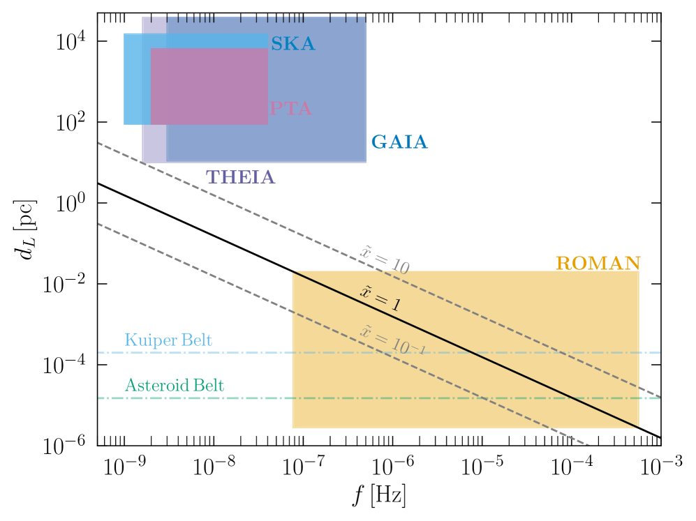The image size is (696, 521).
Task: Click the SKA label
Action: tap(293, 45)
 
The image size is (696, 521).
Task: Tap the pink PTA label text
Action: tap(290, 109)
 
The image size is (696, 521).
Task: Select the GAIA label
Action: tap(399, 142)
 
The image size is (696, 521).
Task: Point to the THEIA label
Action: tap(240, 177)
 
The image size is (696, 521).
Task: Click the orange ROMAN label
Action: tap(598, 263)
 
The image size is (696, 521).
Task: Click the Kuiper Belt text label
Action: tap(168, 340)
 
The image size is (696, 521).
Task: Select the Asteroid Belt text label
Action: tap(175, 385)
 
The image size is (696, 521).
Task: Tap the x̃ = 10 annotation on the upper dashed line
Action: tap(384, 258)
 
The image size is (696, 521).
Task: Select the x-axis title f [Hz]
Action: tap(379, 497)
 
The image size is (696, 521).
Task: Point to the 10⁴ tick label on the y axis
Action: tap(72, 41)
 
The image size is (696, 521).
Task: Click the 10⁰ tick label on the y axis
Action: tap(72, 203)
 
